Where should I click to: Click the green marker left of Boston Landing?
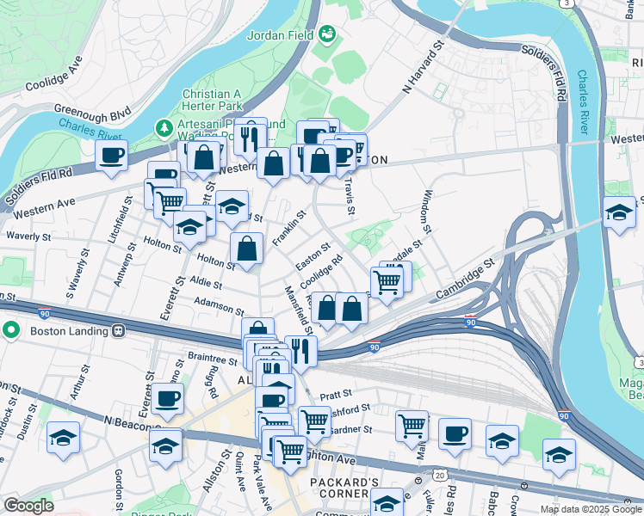pos(10,329)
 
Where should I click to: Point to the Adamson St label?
pos(220,304)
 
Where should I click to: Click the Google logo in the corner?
pos(28,506)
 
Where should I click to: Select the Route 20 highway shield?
pos(440,475)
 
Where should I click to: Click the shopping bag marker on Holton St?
pos(247,249)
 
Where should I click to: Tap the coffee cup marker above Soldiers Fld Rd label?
pos(111,157)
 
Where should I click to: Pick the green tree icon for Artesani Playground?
pos(164,128)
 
